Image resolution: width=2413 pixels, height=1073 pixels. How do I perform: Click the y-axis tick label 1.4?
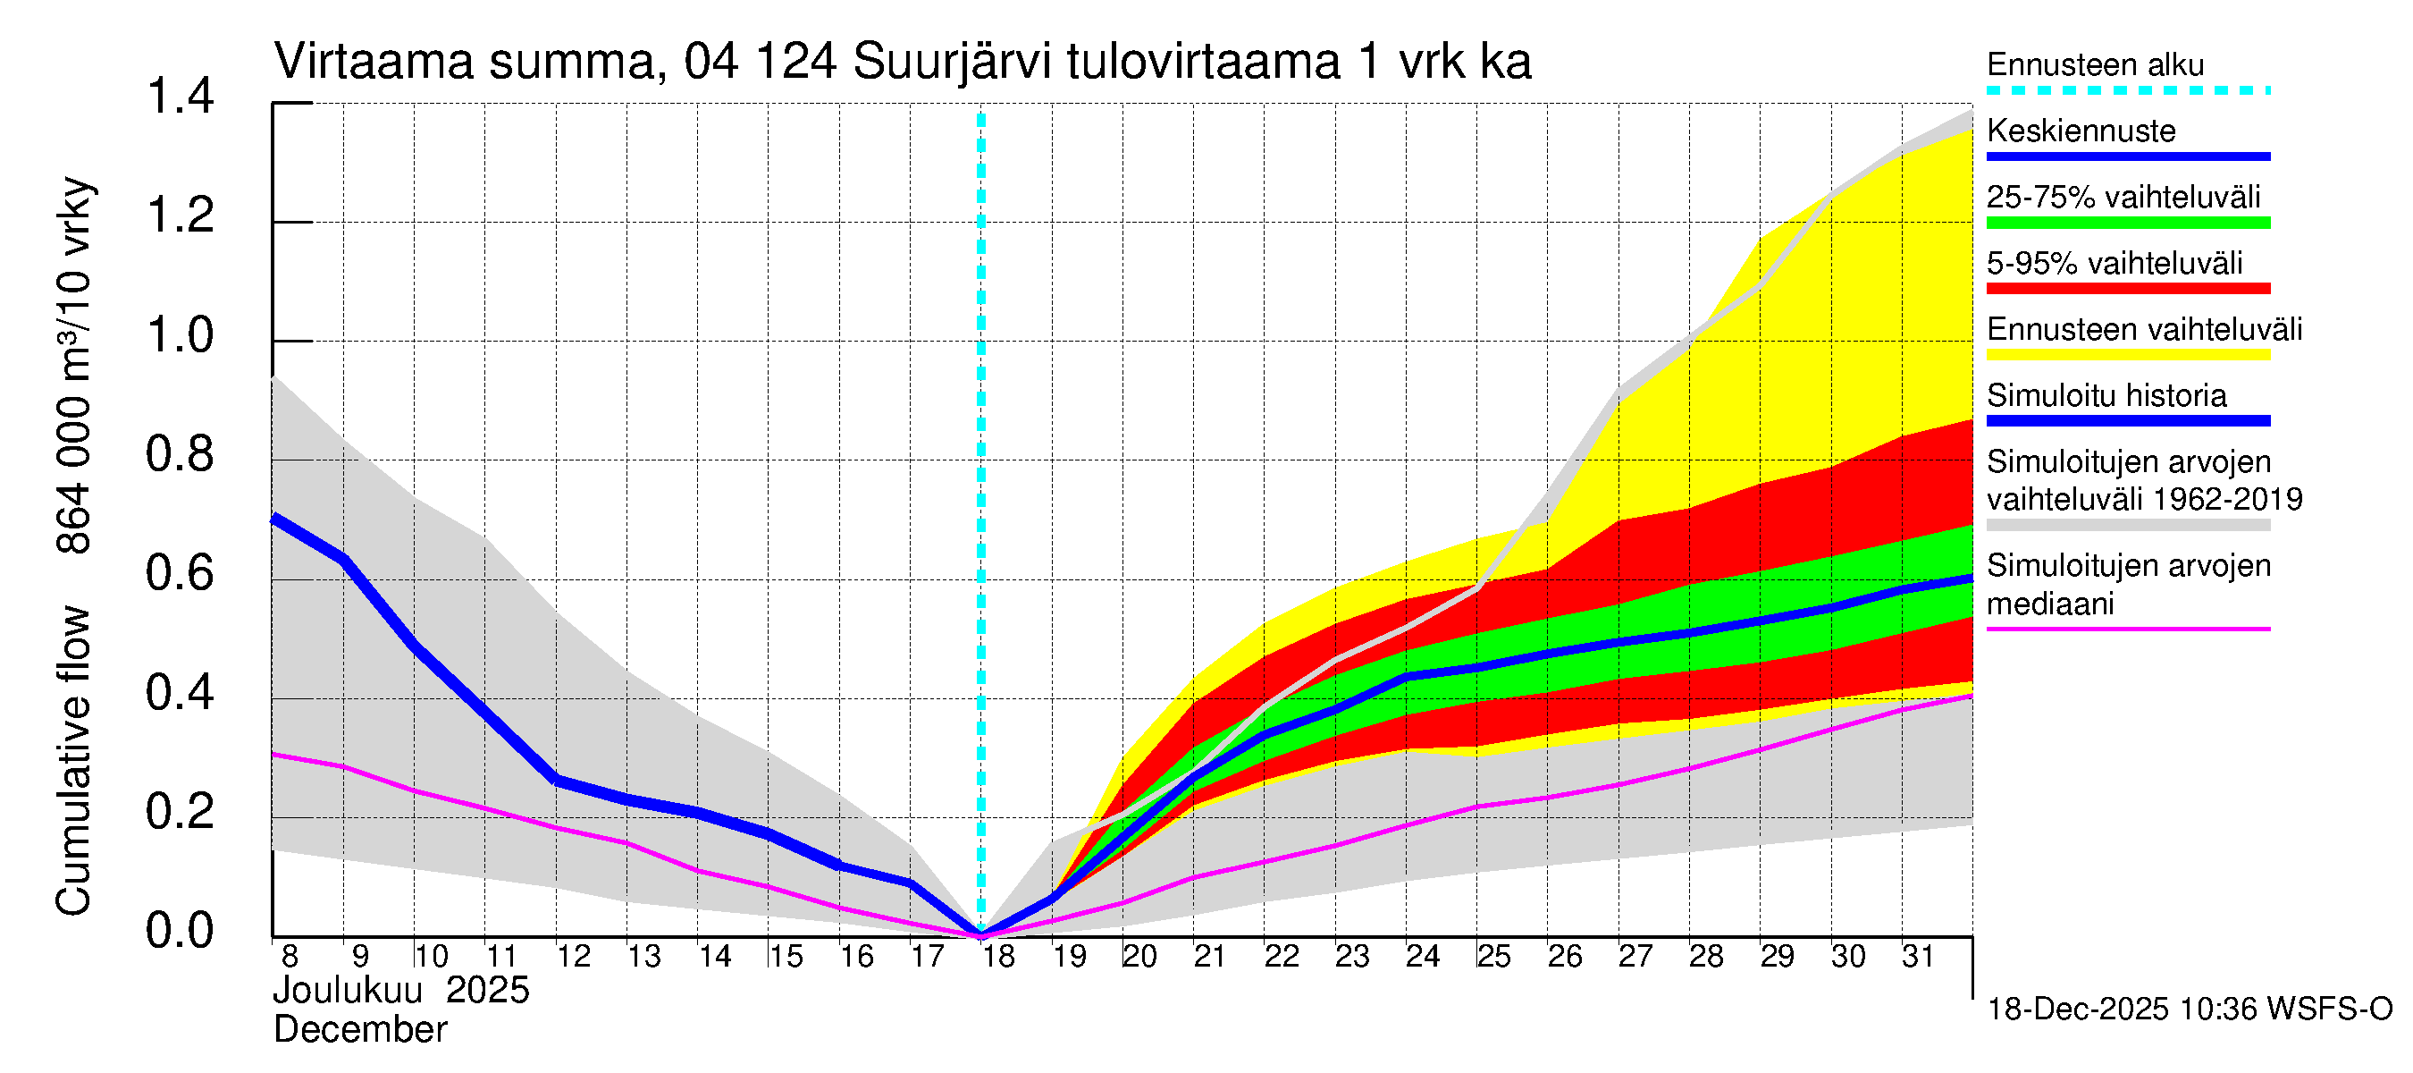pos(179,97)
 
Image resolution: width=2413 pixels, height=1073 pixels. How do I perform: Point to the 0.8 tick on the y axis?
pos(179,455)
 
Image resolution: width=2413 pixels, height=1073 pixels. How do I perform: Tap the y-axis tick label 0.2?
pos(179,813)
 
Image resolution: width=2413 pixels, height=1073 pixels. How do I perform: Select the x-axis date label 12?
pos(573,957)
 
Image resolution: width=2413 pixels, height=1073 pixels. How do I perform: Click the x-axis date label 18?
pos(998,957)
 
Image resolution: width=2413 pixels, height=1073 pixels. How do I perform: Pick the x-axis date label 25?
pos(1494,957)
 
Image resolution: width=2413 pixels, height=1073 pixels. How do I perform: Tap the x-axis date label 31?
pos(1919,957)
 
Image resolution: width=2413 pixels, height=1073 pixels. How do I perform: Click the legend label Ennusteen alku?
pos(2095,65)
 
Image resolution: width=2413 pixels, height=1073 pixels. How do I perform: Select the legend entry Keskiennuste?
pos(2081,131)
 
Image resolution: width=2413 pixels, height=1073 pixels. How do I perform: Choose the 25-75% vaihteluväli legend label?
pos(2123,198)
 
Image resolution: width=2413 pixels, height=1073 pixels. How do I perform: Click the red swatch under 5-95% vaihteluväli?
pos(2127,289)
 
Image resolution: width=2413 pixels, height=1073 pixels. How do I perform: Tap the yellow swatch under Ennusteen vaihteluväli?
pos(2127,355)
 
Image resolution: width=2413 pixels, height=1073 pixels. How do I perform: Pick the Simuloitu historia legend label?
pos(2106,396)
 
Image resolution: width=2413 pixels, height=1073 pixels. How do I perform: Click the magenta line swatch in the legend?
pos(2127,629)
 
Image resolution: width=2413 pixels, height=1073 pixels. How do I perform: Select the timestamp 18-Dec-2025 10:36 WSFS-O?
pos(2189,1010)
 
